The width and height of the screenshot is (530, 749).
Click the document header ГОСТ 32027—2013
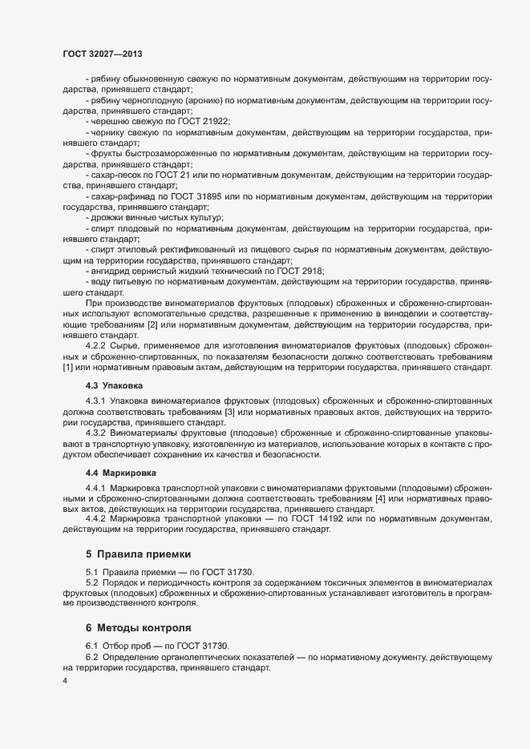pyautogui.click(x=103, y=54)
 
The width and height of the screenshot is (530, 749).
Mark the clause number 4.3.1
pyautogui.click(x=96, y=400)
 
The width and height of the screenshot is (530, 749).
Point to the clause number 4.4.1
pyautogui.click(x=96, y=487)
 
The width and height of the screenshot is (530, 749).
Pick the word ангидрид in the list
pyautogui.click(x=110, y=272)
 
